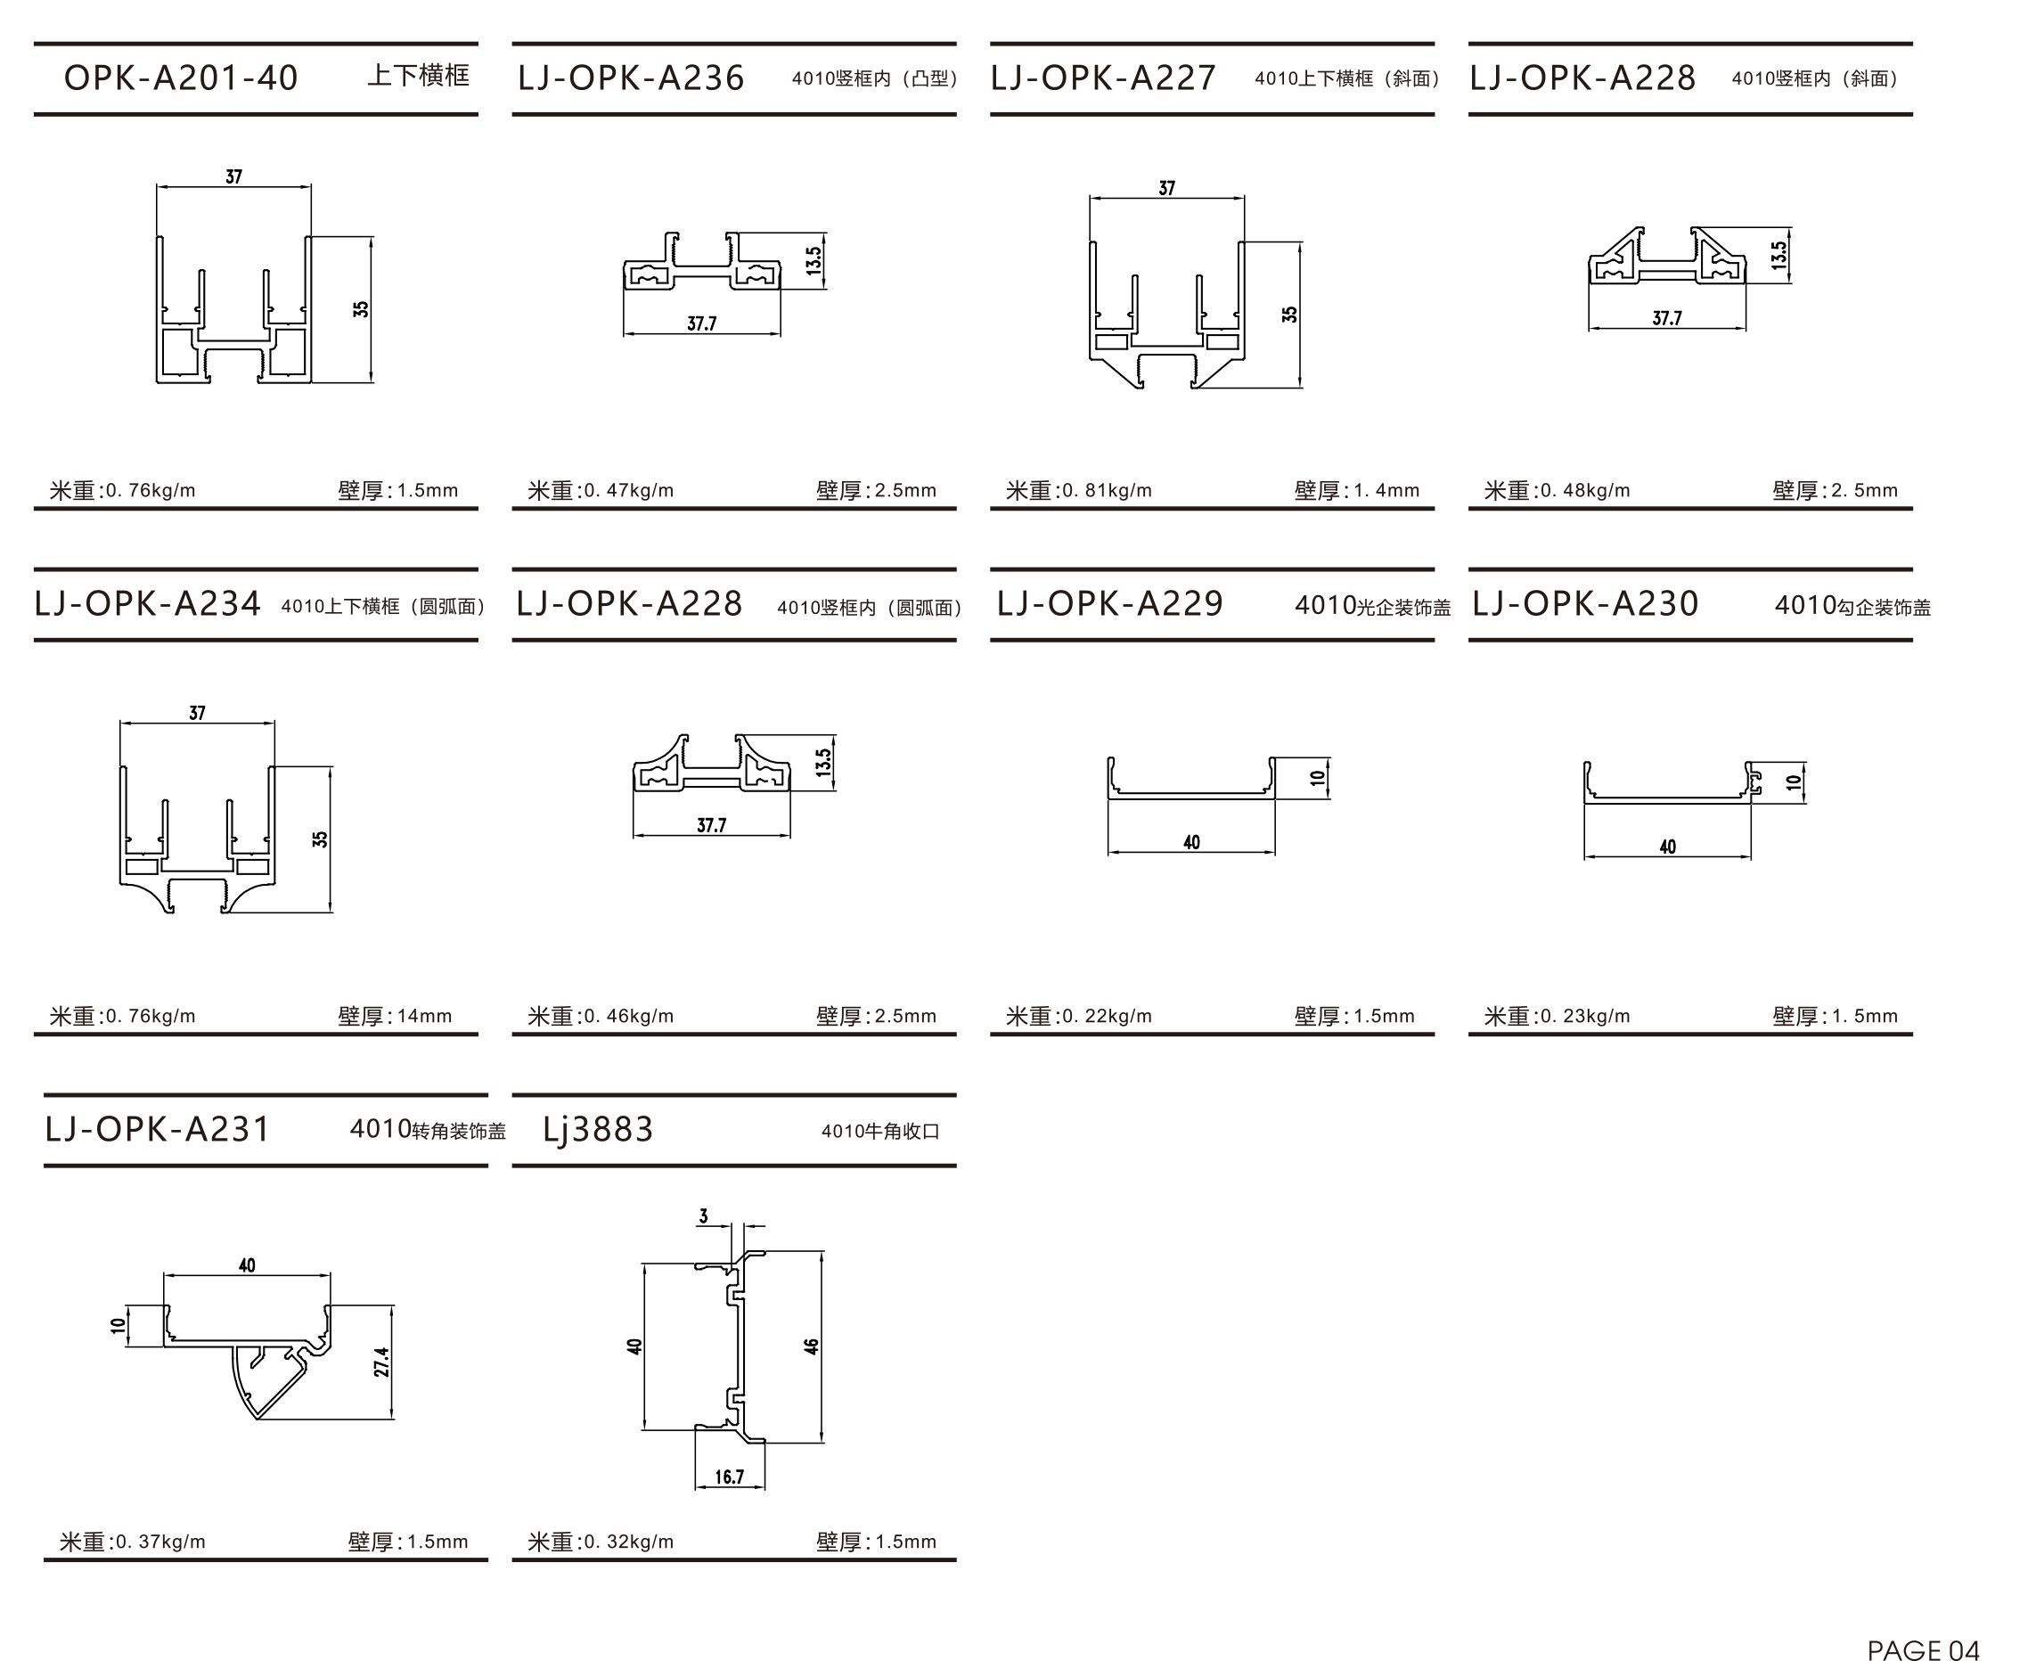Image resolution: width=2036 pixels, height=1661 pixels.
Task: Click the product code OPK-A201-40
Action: pyautogui.click(x=181, y=78)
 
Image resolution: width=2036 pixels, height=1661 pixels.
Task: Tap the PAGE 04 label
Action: pyautogui.click(x=1923, y=1649)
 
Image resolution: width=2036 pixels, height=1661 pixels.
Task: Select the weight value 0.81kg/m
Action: pyautogui.click(x=1107, y=491)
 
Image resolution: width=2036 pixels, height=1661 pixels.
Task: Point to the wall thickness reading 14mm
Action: pyautogui.click(x=424, y=1016)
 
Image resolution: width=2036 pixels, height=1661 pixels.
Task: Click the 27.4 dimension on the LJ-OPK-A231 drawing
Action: pyautogui.click(x=381, y=1362)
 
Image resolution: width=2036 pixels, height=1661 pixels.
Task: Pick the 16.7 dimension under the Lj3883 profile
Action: pyautogui.click(x=729, y=1477)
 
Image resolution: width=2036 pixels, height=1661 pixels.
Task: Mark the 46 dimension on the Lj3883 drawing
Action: pyautogui.click(x=812, y=1346)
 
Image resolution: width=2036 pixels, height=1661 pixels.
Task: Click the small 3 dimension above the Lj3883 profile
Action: pyautogui.click(x=704, y=1216)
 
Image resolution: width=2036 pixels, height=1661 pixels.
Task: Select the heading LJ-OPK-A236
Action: pyautogui.click(x=631, y=78)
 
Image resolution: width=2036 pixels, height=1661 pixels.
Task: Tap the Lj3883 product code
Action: pyautogui.click(x=598, y=1129)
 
